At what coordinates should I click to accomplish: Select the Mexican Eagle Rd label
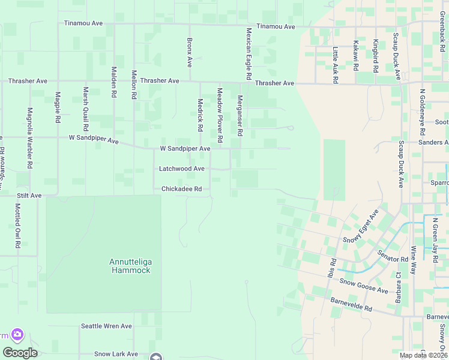pos(247,53)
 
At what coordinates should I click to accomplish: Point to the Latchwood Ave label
pos(181,169)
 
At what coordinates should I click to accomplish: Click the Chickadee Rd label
pos(185,189)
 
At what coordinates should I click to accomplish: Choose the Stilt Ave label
pos(28,196)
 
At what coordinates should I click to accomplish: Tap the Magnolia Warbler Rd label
pos(29,137)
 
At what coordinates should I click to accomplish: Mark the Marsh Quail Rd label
pos(86,109)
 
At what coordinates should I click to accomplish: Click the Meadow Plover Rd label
pos(220,115)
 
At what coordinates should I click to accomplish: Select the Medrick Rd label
pos(200,115)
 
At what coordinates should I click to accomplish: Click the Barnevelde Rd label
pos(351,304)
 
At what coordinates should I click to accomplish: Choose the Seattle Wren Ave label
pos(106,326)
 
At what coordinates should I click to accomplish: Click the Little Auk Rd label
pos(335,65)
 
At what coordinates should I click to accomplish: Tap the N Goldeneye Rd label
pos(423,109)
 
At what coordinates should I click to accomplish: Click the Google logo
pos(20,353)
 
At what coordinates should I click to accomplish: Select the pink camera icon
pos(17,334)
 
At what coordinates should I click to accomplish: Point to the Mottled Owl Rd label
pos(17,226)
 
